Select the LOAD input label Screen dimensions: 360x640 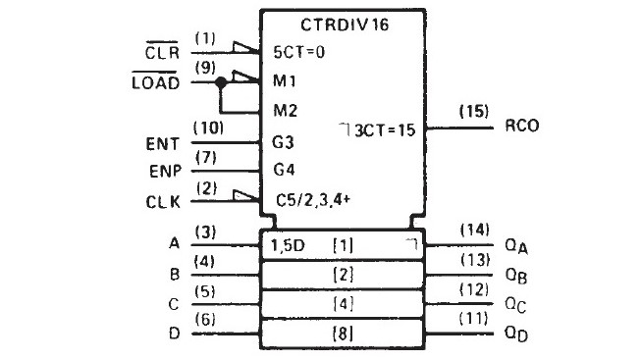pyautogui.click(x=161, y=83)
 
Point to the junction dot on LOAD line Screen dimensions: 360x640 pyautogui.click(x=223, y=83)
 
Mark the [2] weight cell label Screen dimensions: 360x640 pyautogui.click(x=342, y=274)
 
